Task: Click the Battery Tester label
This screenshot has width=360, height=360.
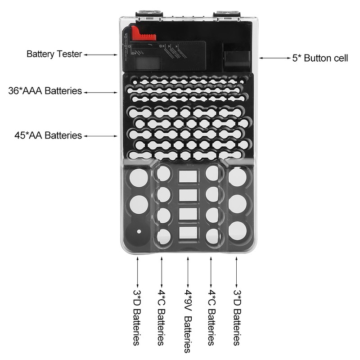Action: (x=54, y=54)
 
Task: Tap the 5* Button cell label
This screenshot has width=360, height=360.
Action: (x=320, y=58)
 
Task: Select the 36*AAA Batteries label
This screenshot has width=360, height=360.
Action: (x=45, y=91)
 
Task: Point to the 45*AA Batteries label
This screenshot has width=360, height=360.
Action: (x=48, y=135)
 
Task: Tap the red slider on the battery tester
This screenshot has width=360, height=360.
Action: (x=144, y=34)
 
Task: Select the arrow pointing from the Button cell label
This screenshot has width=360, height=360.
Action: (x=274, y=58)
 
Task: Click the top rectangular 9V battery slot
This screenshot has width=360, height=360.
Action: (x=188, y=176)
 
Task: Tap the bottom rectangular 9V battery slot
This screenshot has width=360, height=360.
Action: (x=188, y=233)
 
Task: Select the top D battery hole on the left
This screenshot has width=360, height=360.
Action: (x=139, y=178)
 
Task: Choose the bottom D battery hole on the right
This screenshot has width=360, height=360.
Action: (x=237, y=231)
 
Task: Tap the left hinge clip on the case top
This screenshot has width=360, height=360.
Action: (x=148, y=15)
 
